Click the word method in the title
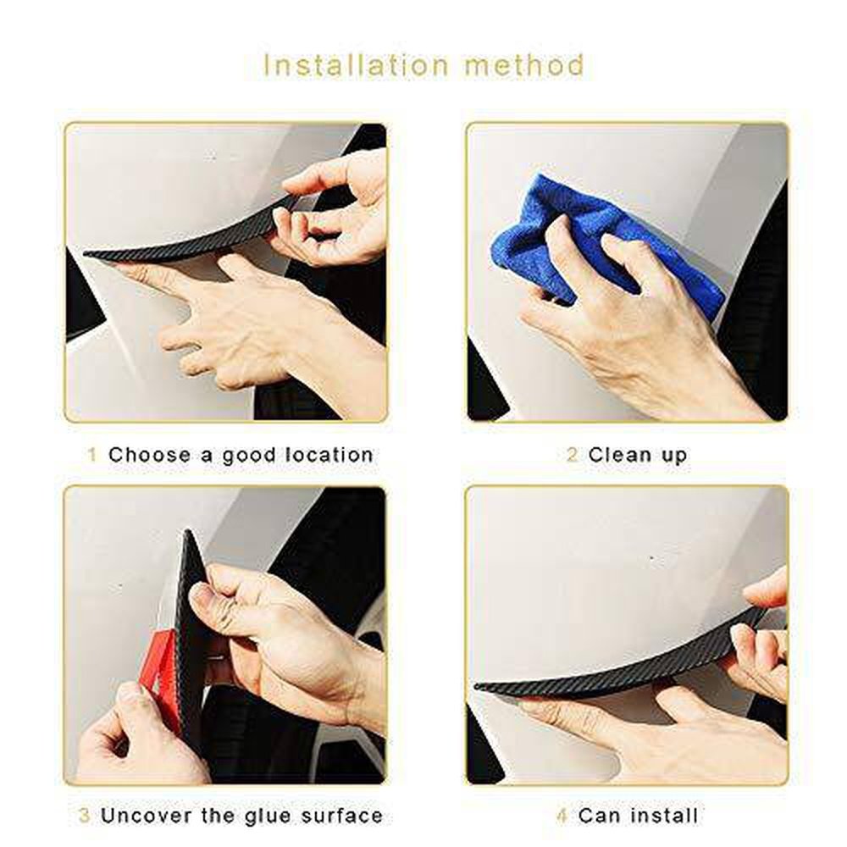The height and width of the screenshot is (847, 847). click(x=524, y=65)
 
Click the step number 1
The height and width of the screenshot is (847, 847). click(x=91, y=455)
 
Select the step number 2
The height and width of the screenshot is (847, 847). click(x=572, y=455)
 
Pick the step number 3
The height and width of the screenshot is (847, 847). click(x=84, y=815)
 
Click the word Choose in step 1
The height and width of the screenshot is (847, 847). click(x=150, y=455)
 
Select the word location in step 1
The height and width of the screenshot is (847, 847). click(x=329, y=455)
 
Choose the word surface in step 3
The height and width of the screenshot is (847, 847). click(x=341, y=815)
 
